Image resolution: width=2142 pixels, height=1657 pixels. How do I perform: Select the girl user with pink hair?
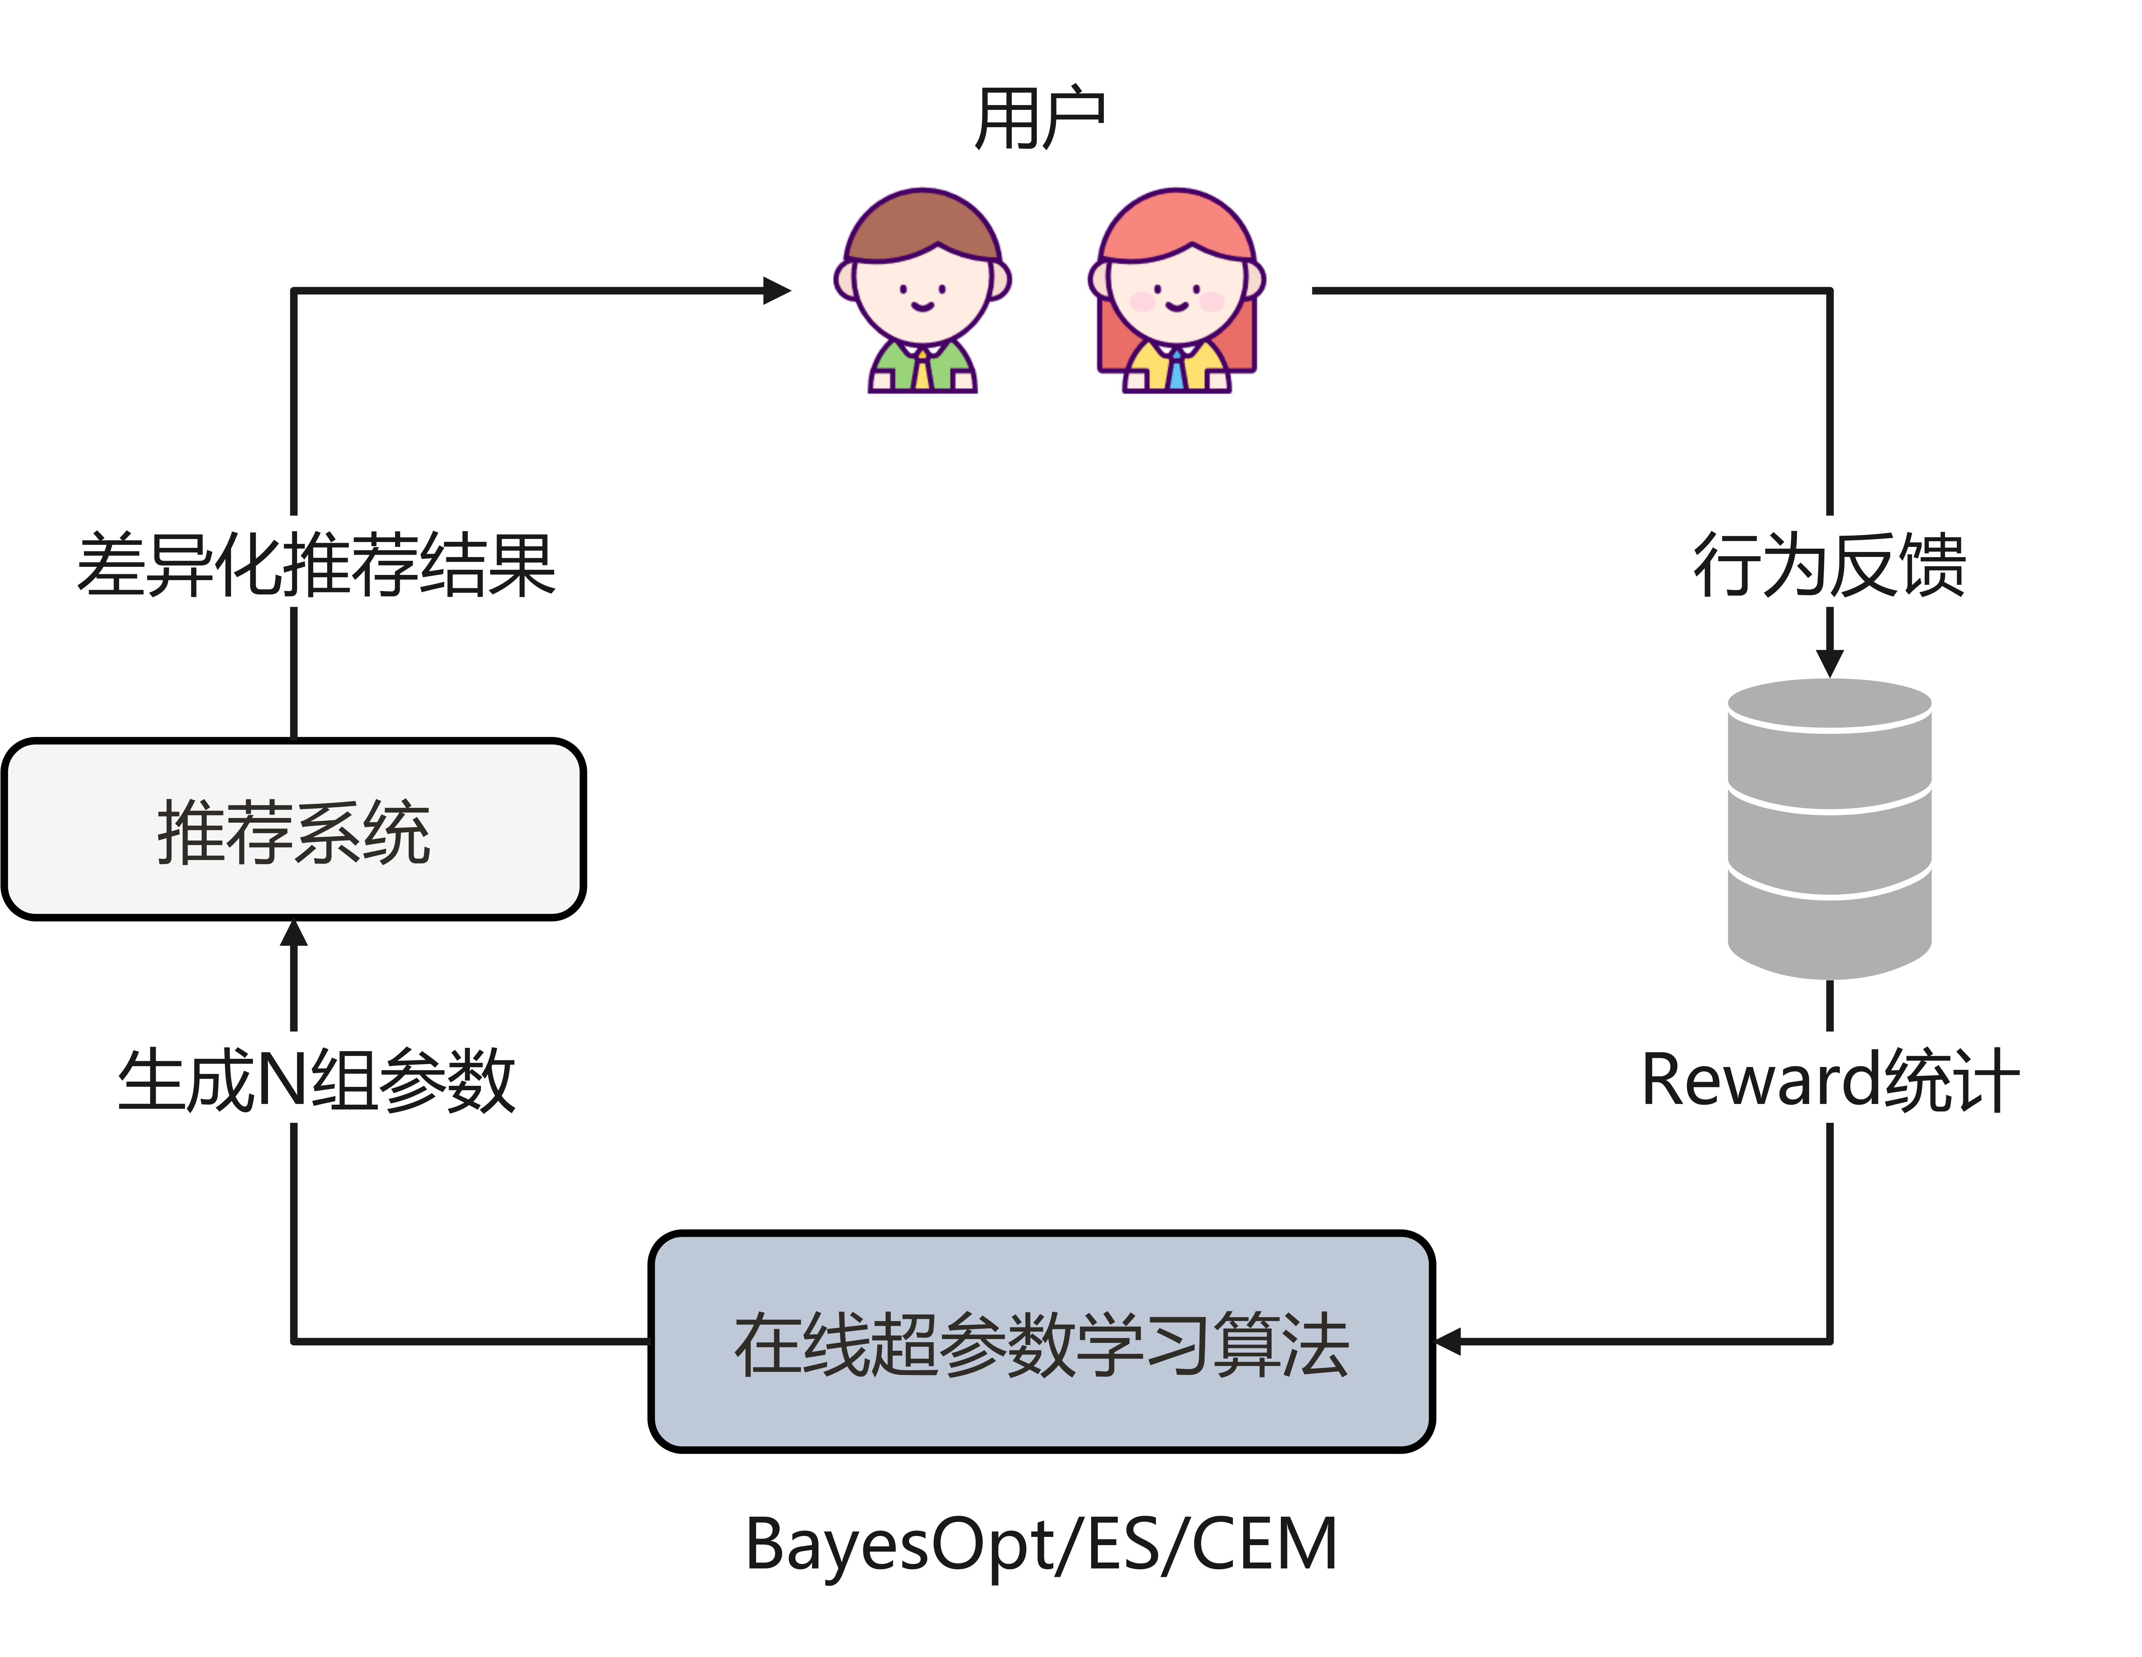[1176, 289]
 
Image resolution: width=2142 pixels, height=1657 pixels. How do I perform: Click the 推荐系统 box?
[293, 830]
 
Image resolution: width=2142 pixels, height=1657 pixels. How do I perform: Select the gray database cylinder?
[1829, 828]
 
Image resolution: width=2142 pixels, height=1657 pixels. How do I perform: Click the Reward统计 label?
[1829, 1078]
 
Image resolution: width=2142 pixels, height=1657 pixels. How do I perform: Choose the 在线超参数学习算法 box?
[1041, 1341]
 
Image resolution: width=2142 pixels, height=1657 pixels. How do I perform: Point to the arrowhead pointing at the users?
[778, 290]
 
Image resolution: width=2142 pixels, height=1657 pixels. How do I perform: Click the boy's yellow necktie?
[922, 371]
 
